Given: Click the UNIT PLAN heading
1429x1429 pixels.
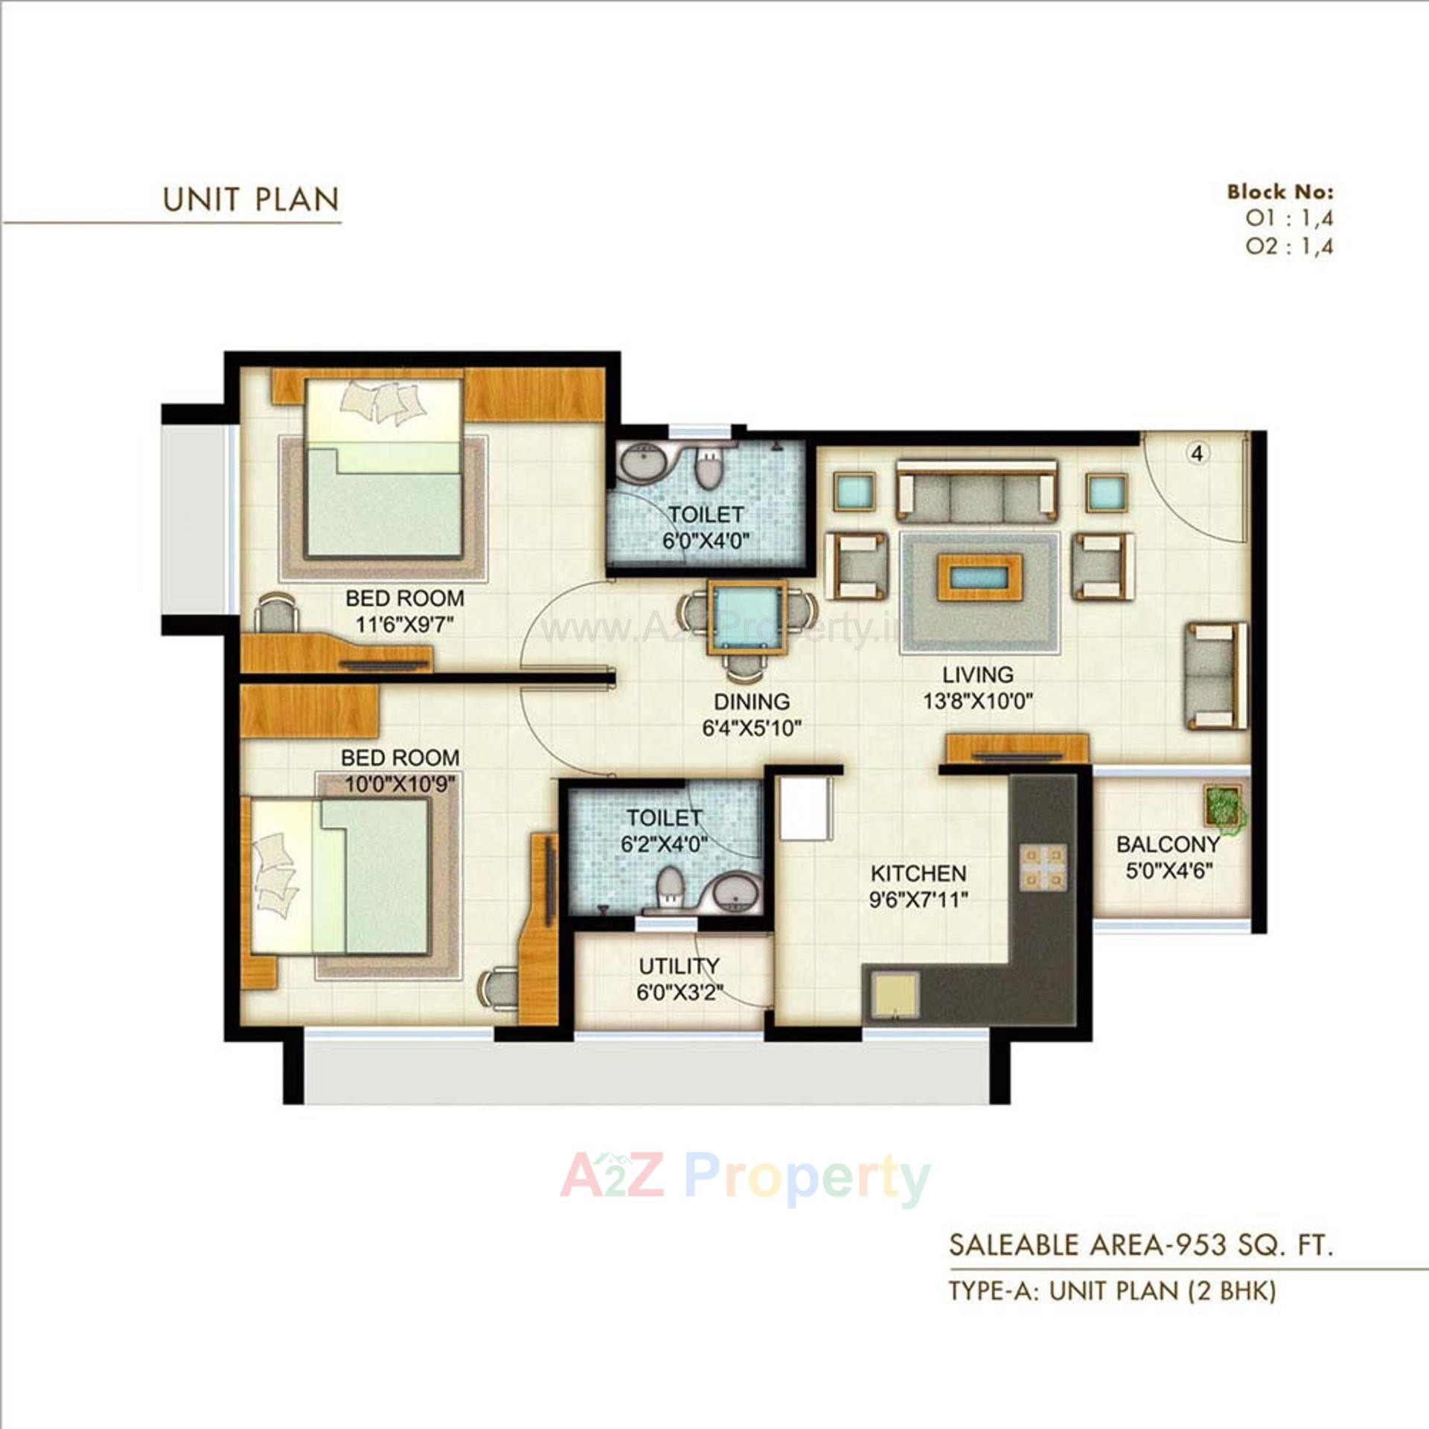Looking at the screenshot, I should [x=251, y=199].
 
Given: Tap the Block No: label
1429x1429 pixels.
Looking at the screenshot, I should [x=1280, y=192].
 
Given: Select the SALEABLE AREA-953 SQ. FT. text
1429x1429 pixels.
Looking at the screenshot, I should [x=1140, y=1245].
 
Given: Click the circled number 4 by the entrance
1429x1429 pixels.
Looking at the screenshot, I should [x=1198, y=453].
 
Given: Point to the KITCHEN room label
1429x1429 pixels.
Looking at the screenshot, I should [x=918, y=873].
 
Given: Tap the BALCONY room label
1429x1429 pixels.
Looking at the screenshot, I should [x=1168, y=844].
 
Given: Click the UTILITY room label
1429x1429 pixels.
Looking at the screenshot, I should [x=679, y=966].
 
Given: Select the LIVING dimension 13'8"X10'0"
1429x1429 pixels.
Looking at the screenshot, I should [x=978, y=701].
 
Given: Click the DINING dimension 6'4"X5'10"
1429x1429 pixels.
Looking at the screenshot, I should [x=752, y=728].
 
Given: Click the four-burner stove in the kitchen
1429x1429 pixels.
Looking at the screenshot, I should [x=1042, y=868].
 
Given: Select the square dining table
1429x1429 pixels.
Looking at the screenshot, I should [x=747, y=617].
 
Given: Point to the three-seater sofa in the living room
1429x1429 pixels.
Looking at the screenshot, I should [x=976, y=490].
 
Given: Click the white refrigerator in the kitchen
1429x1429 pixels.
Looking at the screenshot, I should [x=805, y=808].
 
